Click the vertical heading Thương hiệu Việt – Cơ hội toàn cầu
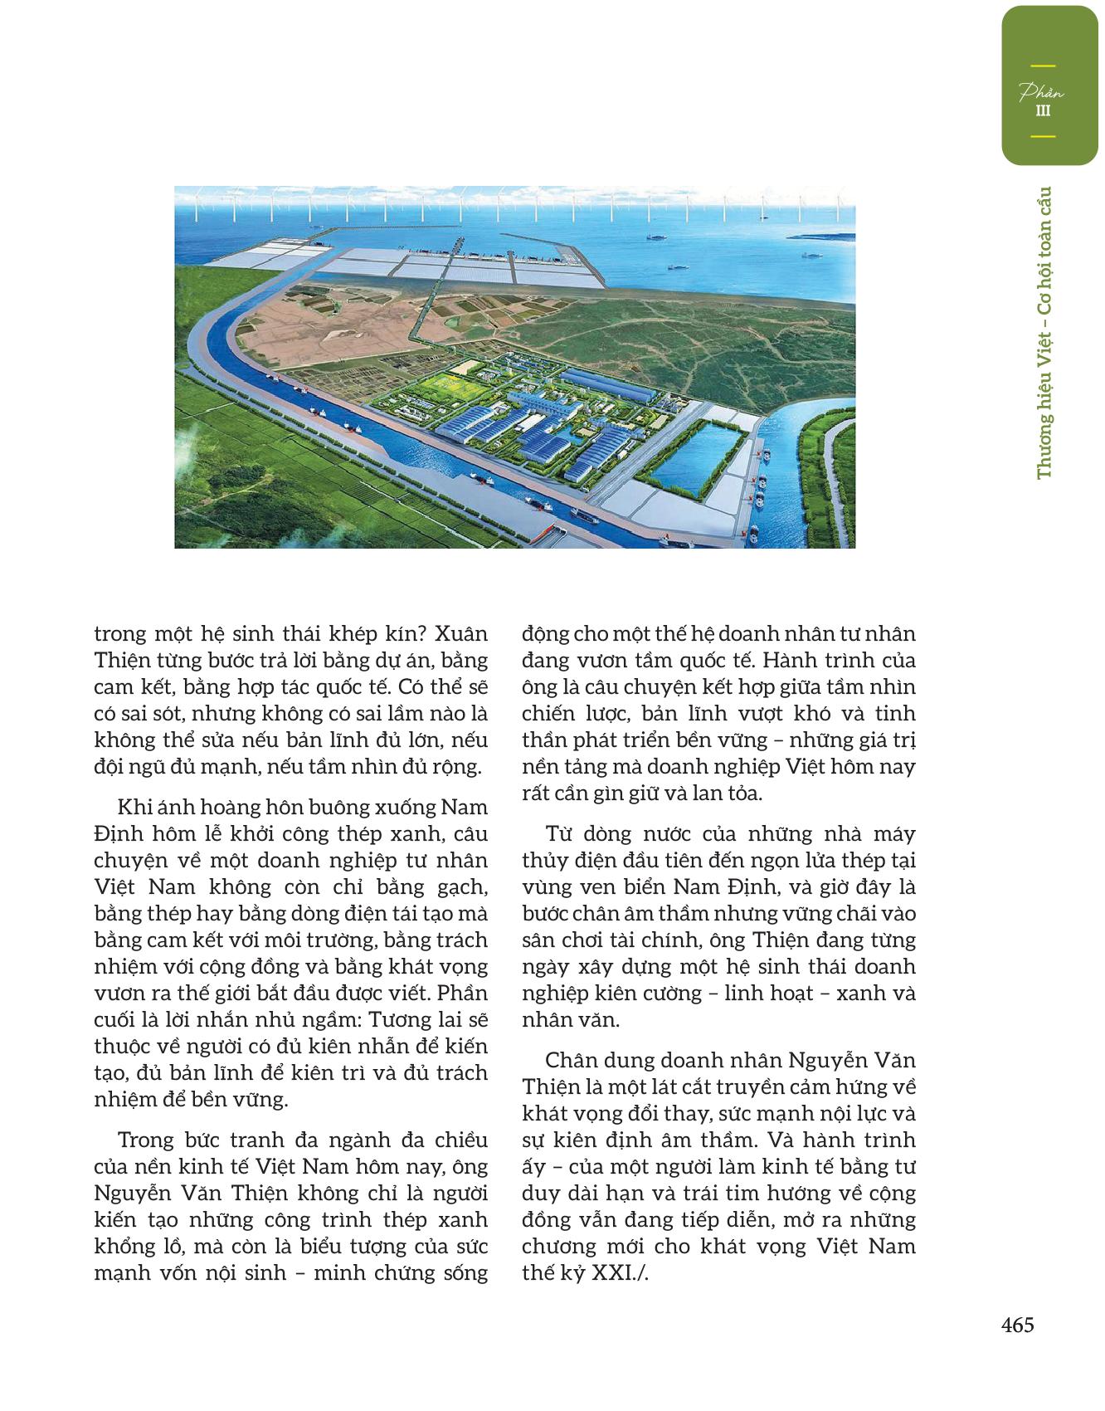click(1044, 332)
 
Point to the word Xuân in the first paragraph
click(461, 634)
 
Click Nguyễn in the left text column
click(134, 1193)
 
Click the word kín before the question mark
click(401, 634)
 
